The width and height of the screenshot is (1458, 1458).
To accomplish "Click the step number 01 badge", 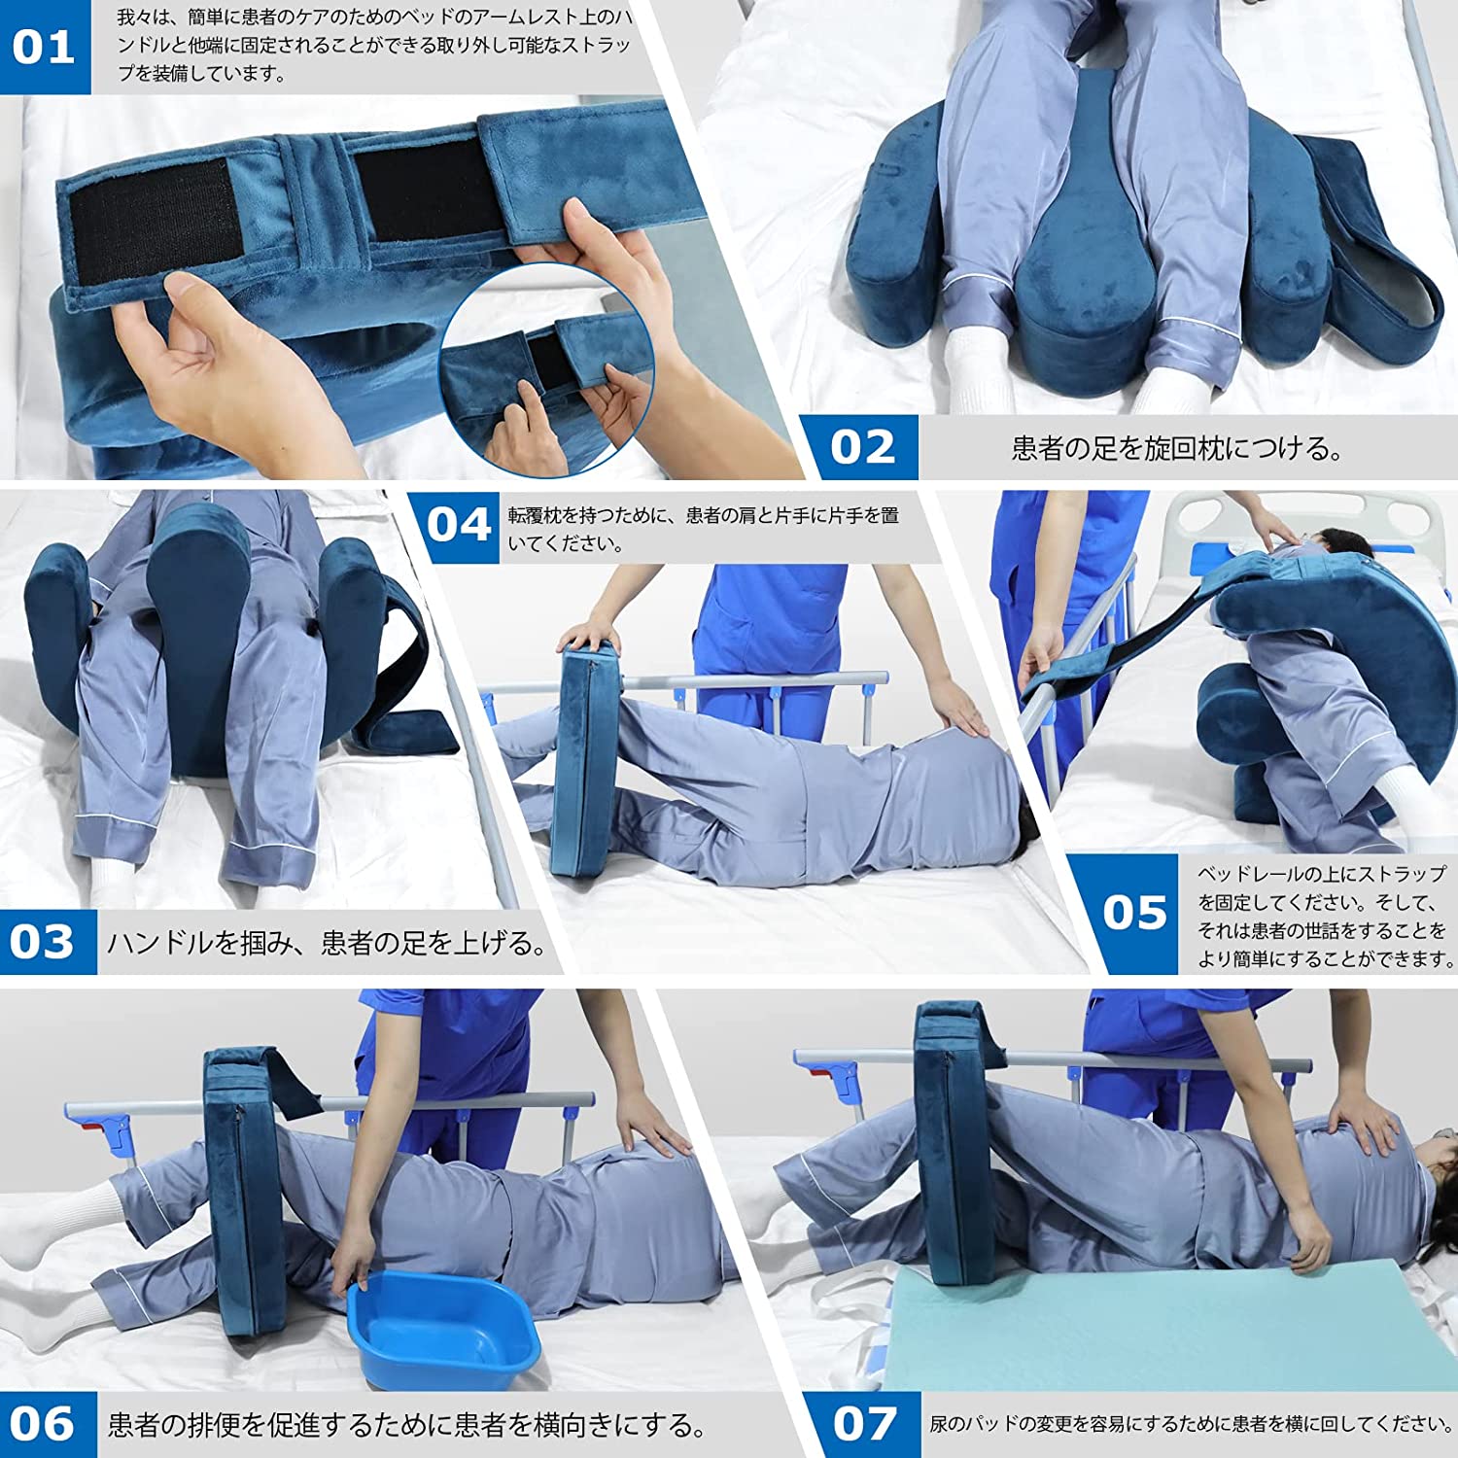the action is click(45, 48).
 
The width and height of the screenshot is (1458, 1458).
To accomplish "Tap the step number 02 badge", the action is click(860, 447).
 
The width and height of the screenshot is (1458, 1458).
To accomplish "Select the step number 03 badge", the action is click(46, 942).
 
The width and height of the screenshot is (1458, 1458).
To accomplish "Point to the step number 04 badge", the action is click(457, 526).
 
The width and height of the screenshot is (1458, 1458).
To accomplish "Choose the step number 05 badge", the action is click(1131, 914).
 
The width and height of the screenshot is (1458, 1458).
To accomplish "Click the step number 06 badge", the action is click(46, 1425).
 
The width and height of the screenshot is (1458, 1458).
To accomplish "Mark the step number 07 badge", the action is click(863, 1425).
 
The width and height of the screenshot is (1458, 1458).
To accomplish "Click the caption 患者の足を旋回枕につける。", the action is click(1177, 448).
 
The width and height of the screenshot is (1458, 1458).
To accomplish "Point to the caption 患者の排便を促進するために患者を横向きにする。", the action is click(407, 1426).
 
